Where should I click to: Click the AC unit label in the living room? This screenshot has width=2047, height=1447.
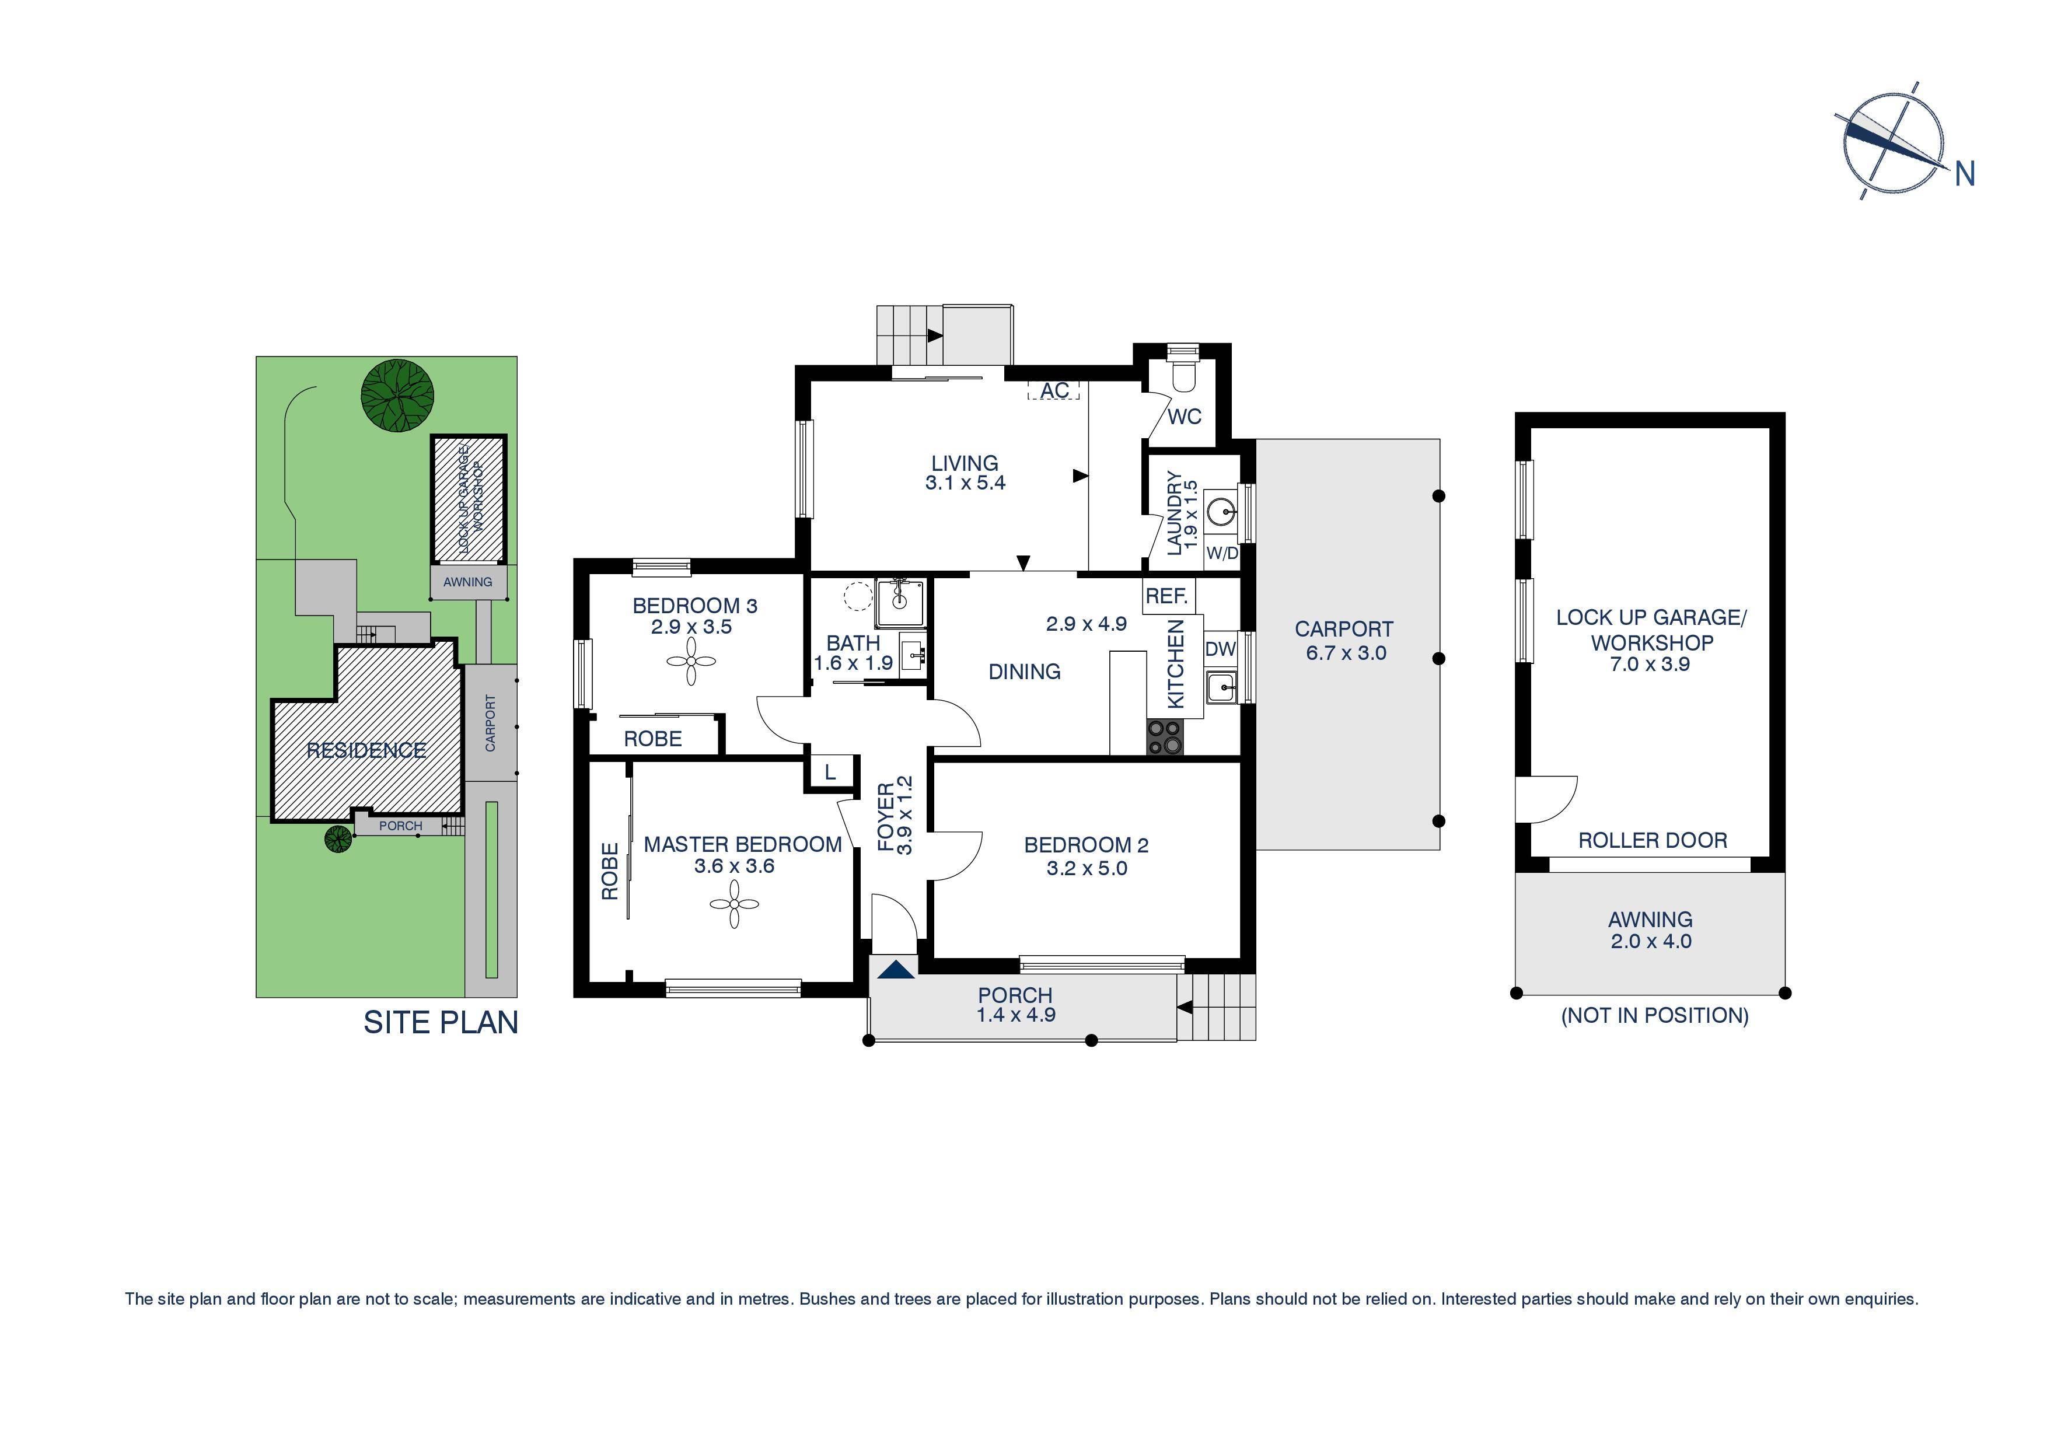[1054, 390]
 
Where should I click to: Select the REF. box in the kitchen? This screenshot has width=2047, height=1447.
[1167, 596]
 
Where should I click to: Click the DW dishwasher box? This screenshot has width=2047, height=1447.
[1221, 649]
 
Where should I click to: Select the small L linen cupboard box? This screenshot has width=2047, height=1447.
[830, 772]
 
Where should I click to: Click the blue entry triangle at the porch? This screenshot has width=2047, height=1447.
[896, 970]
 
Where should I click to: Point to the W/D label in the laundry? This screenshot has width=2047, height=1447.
[1222, 554]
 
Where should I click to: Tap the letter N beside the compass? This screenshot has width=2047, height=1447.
[1965, 174]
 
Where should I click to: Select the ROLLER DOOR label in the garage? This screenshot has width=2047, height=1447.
[1652, 840]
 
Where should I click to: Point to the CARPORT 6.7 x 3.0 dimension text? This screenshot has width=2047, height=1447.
[1346, 653]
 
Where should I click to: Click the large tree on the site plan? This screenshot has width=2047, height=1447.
[397, 396]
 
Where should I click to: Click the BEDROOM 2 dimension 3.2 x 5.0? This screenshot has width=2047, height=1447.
[1087, 868]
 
